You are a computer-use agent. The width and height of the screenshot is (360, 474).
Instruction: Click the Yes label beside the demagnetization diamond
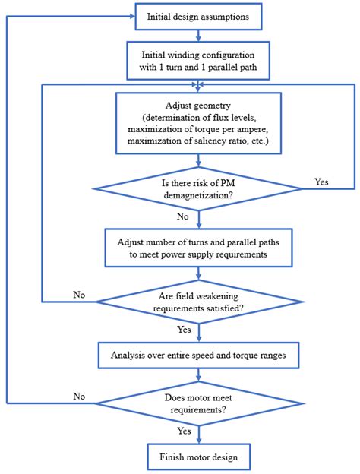321,182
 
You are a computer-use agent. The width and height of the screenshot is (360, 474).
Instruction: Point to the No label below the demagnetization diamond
182,216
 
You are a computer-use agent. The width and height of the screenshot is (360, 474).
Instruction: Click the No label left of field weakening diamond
79,295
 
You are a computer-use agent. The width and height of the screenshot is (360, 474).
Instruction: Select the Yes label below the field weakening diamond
184,329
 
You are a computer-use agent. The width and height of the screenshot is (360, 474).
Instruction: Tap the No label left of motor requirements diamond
79,397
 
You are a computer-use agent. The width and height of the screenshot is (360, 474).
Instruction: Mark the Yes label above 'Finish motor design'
184,431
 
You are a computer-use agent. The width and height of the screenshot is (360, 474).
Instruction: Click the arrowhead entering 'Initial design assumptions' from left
132,16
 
